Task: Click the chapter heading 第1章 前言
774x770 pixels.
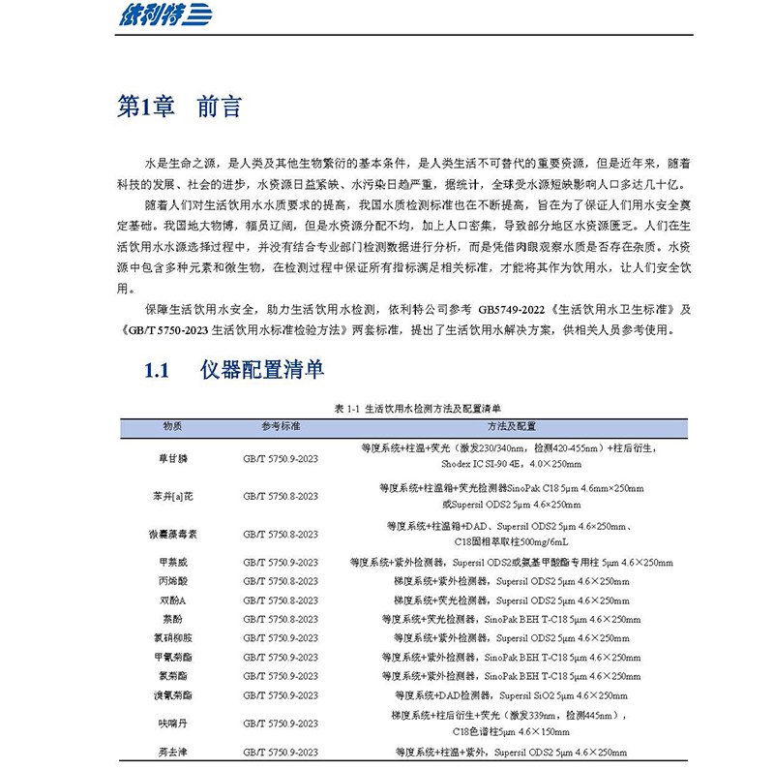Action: coord(179,108)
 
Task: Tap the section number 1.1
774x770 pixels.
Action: coord(157,370)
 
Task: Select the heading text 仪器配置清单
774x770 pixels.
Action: coord(262,370)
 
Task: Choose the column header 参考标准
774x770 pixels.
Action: coord(281,426)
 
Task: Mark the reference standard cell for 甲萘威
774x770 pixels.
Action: coord(281,563)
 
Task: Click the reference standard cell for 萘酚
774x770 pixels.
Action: coord(281,619)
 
